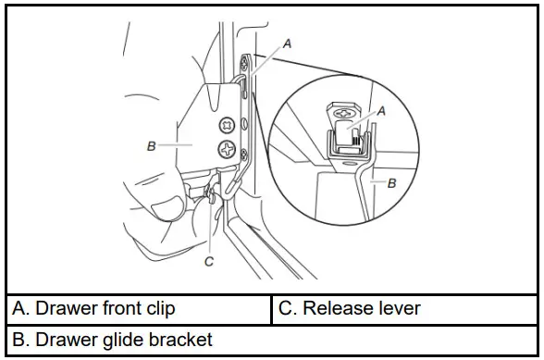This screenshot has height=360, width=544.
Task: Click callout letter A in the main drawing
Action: [x=287, y=43]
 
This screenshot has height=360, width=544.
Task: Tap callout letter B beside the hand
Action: [x=151, y=144]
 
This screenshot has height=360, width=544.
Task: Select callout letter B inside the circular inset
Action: [x=391, y=184]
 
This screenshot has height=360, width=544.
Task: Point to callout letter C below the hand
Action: [x=209, y=262]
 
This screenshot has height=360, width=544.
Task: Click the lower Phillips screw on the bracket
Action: [x=226, y=148]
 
